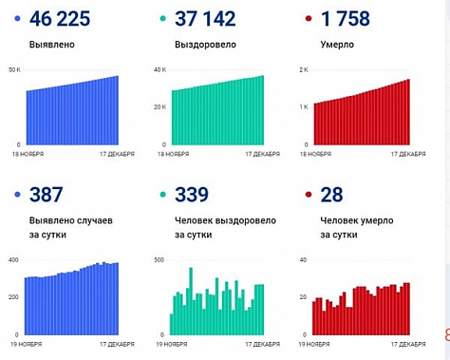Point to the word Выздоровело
click(201, 44)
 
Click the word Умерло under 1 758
click(340, 44)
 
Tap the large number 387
click(46, 196)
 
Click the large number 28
click(333, 196)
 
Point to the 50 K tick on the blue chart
click(13, 70)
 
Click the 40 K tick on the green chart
click(159, 70)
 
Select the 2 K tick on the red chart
click(305, 70)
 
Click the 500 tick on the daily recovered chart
click(159, 259)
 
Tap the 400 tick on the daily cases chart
click(13, 259)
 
